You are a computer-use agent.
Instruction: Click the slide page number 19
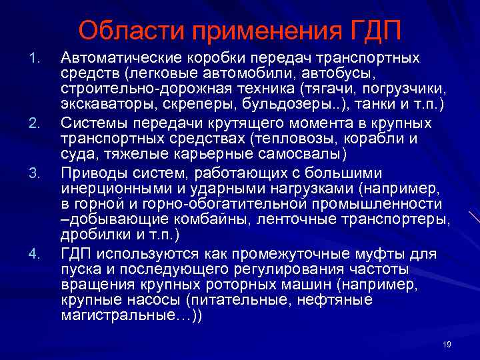click(447, 344)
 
